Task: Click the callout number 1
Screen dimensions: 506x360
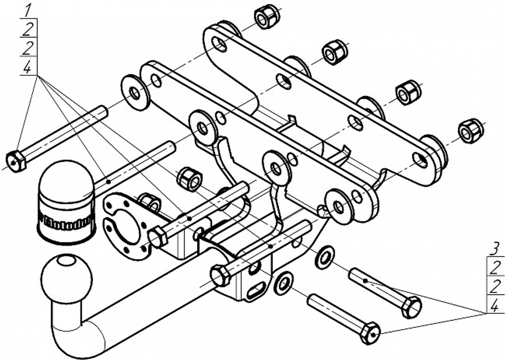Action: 29,10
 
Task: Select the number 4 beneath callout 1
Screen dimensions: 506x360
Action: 29,67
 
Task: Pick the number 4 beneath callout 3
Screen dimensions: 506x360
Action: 496,305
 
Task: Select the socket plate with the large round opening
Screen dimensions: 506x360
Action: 124,224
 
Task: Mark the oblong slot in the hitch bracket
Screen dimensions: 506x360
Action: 256,291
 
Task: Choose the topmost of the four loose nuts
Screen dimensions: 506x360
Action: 266,17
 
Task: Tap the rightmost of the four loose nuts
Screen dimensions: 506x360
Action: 470,130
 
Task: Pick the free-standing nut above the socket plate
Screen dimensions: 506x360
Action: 190,178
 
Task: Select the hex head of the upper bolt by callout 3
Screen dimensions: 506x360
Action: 411,307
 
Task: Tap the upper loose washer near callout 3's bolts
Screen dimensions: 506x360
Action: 324,257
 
